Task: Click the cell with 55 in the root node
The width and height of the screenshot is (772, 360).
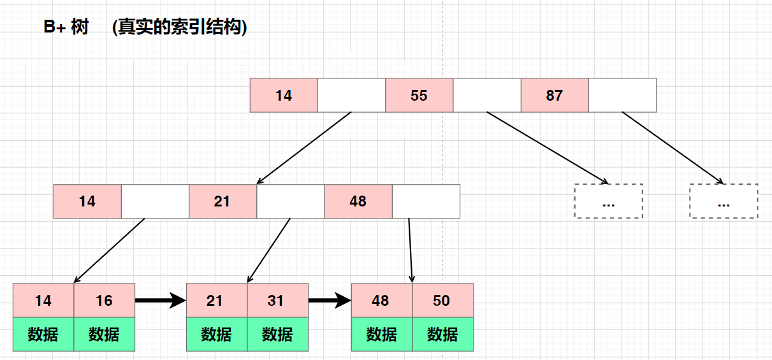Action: tap(419, 96)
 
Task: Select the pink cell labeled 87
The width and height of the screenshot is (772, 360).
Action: tap(554, 96)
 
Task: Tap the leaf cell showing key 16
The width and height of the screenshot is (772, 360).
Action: tap(105, 300)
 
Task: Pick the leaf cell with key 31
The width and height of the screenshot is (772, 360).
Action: tap(277, 300)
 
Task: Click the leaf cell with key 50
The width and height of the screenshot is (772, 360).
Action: tap(442, 300)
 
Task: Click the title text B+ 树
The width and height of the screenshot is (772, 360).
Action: tap(66, 28)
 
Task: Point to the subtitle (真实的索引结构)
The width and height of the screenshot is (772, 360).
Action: tap(179, 28)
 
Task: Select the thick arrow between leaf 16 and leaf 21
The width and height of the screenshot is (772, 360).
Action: tap(160, 301)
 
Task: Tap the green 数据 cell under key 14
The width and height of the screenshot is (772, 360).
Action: tap(43, 334)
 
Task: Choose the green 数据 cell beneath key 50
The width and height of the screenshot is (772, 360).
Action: tap(442, 334)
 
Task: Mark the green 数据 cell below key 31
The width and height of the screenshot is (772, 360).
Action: tap(277, 334)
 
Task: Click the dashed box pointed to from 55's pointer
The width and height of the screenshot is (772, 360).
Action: tap(608, 201)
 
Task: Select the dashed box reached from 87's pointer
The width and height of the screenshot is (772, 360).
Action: tap(724, 201)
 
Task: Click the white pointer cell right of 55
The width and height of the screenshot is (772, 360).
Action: tap(487, 96)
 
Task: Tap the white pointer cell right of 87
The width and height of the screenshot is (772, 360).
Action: tap(622, 96)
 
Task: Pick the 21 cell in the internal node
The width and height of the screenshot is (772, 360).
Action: tap(222, 201)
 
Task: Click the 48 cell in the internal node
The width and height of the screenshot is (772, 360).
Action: tap(358, 201)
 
